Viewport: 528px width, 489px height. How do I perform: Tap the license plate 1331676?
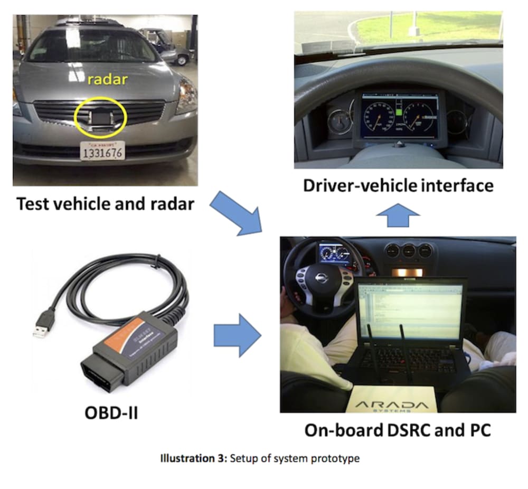pyautogui.click(x=103, y=152)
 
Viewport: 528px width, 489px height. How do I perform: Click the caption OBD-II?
pyautogui.click(x=111, y=411)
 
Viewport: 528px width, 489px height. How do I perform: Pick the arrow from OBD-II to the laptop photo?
pyautogui.click(x=237, y=334)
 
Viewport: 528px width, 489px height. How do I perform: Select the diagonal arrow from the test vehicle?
pyautogui.click(x=237, y=212)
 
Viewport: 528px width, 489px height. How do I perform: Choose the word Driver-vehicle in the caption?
pyautogui.click(x=353, y=185)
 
